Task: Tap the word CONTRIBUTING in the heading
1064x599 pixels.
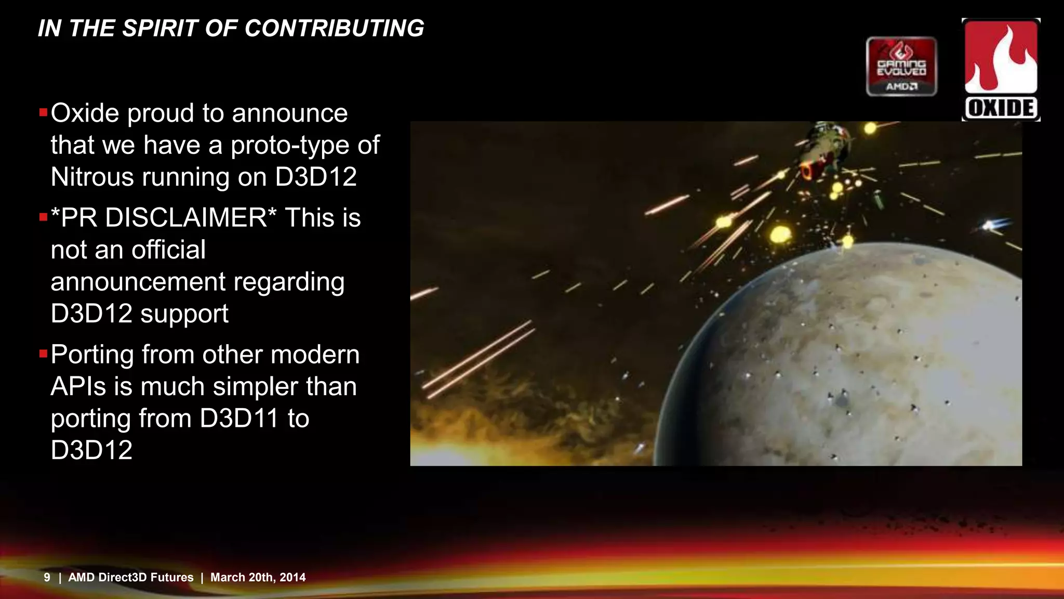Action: [x=334, y=28]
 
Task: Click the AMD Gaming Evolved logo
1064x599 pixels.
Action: [x=901, y=67]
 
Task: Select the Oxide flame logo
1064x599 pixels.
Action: [x=1001, y=69]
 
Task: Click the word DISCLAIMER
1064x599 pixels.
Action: [x=186, y=217]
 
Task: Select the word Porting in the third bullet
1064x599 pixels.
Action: [x=92, y=355]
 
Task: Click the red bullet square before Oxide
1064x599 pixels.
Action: [x=43, y=112]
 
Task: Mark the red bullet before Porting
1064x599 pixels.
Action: [x=43, y=354]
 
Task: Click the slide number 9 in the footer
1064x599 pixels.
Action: [x=47, y=577]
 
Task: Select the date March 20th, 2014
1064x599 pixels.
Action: [x=258, y=577]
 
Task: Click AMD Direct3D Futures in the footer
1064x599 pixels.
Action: [x=131, y=577]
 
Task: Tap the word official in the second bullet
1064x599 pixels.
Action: [x=168, y=250]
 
